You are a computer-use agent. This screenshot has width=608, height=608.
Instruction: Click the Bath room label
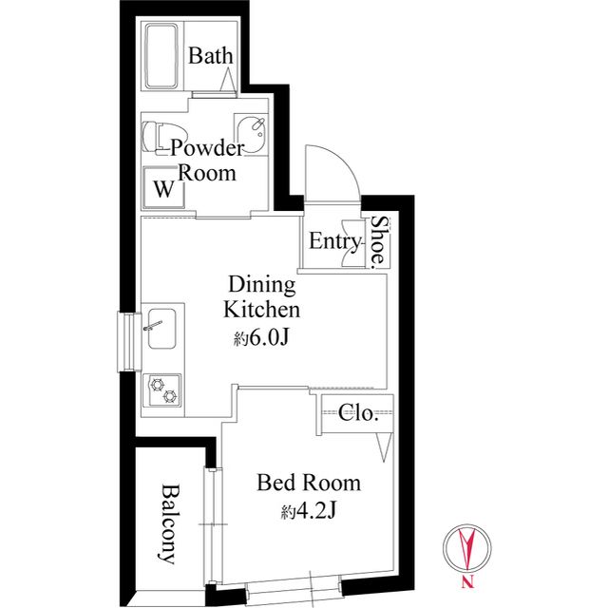point(211,56)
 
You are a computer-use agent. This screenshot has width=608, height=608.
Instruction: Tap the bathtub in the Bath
point(161,56)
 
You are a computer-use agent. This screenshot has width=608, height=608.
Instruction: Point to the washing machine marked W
point(162,188)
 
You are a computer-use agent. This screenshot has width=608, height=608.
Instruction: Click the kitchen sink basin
point(161,329)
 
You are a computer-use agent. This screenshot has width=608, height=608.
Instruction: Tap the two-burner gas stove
point(162,390)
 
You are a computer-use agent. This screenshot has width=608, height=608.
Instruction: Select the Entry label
point(334,241)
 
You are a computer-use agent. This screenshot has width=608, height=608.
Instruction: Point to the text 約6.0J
point(261,339)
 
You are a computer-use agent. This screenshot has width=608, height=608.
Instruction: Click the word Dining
point(262,285)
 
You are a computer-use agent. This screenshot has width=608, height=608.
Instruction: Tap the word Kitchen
point(262,310)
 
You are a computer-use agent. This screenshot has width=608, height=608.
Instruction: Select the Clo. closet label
point(358,413)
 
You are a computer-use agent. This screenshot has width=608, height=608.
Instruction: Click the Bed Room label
point(309,483)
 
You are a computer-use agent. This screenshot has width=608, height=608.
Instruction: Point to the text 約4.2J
point(308,512)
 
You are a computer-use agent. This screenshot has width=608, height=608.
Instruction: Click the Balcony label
point(169,523)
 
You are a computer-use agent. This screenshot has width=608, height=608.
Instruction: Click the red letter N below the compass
point(467,581)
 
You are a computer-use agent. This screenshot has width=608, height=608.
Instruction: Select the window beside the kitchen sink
point(129,342)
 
